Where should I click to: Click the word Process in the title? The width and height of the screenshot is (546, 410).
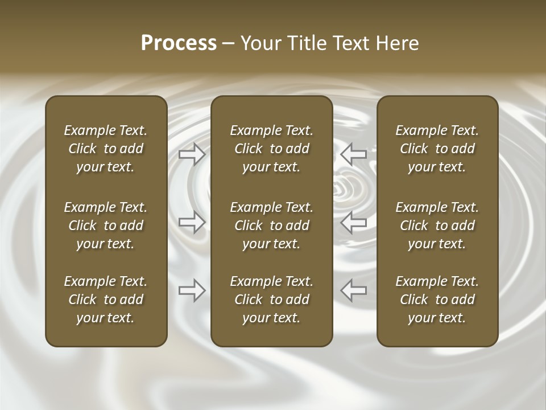pos(179,43)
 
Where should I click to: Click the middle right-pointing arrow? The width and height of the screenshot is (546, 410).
pos(192,222)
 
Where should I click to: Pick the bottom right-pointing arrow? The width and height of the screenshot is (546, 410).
pos(192,290)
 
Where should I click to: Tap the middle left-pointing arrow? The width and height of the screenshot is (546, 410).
pos(354,222)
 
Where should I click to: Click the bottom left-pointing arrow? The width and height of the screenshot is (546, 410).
pos(354,290)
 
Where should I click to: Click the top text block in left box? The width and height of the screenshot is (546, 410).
pos(106,149)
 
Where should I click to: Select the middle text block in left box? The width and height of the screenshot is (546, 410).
pos(106,225)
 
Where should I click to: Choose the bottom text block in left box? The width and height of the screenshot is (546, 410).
pos(106,300)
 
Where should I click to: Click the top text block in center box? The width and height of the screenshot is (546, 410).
pos(272,149)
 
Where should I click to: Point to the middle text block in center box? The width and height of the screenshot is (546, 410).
pos(272,225)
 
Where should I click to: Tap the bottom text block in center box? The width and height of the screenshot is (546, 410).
pos(272,300)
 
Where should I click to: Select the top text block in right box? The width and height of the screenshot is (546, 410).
pos(437,149)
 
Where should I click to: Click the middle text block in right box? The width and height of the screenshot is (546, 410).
pos(437,225)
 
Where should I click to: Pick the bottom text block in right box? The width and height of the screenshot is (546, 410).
pos(437,300)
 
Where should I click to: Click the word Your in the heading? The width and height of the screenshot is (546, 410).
pos(259,43)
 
